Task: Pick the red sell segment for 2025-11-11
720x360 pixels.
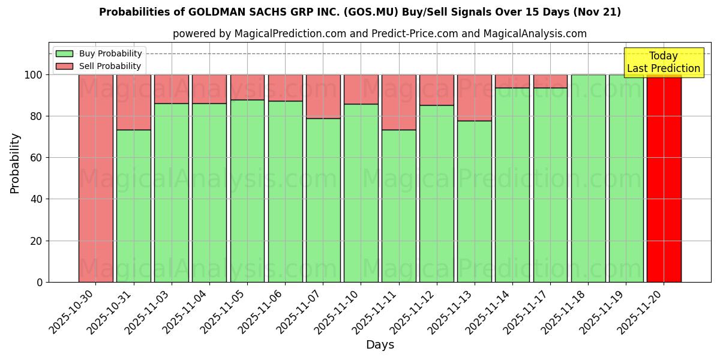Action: tap(398, 102)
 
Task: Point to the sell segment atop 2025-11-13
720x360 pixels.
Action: tap(474, 97)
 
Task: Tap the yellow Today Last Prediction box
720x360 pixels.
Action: tap(663, 62)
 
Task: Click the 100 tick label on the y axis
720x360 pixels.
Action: tap(33, 75)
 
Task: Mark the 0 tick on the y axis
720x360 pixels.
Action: tap(40, 282)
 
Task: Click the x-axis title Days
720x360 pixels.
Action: tap(380, 345)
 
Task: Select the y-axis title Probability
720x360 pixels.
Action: tap(15, 163)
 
